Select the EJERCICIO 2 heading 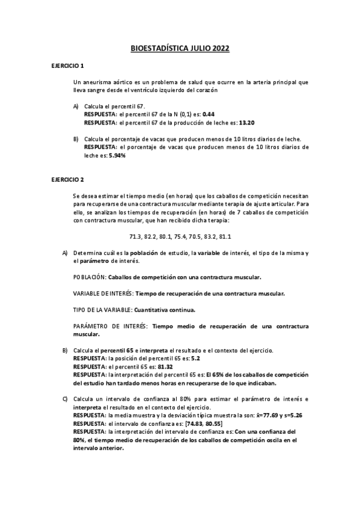(68, 180)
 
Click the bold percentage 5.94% (117, 155)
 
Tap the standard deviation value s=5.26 (296, 415)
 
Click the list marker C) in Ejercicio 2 (65, 399)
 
